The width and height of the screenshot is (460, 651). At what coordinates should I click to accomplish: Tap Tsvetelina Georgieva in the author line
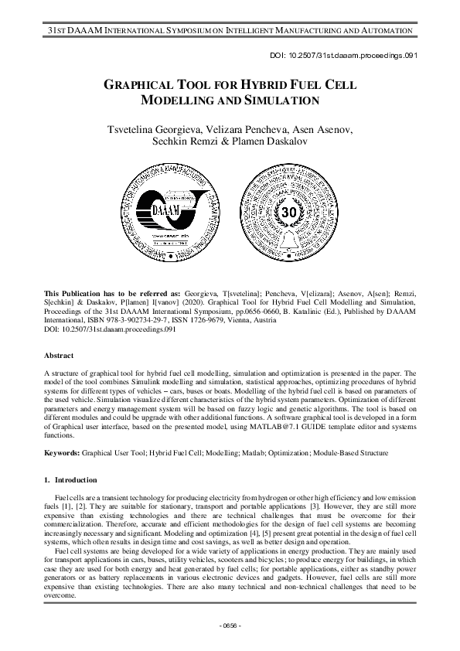[x=158, y=128]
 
